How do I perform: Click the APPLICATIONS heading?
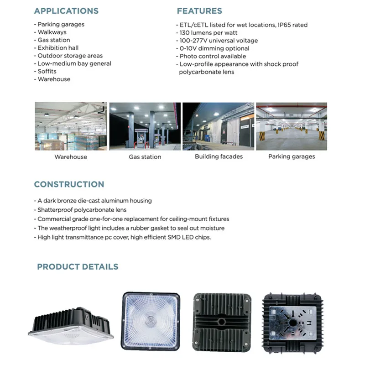click(66, 11)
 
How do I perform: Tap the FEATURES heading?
click(199, 11)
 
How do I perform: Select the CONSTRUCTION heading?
click(69, 184)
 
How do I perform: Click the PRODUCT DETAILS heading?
click(78, 267)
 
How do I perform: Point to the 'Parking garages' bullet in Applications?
click(61, 25)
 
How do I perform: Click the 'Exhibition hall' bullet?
click(58, 48)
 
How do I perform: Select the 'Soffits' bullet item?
click(47, 71)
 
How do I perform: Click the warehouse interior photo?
click(70, 126)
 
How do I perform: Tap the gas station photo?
click(145, 126)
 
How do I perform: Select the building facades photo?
click(219, 126)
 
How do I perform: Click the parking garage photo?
click(292, 126)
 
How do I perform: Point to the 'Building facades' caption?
click(219, 156)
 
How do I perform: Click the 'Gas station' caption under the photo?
click(145, 157)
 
